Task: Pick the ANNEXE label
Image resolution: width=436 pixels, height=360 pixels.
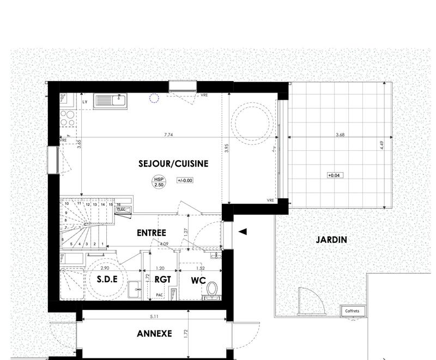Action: coord(154,333)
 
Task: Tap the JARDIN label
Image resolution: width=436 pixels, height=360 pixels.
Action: coord(330,239)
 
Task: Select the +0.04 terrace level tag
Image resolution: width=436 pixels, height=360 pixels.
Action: coord(334,175)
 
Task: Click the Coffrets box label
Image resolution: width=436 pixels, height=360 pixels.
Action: coord(353,311)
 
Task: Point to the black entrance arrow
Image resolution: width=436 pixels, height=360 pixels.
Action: coord(243,231)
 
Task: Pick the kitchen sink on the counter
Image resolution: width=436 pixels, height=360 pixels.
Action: coord(110,100)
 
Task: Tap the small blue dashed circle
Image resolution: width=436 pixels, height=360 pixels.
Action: coord(154,98)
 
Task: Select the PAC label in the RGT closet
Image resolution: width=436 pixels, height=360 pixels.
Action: coord(160,295)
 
